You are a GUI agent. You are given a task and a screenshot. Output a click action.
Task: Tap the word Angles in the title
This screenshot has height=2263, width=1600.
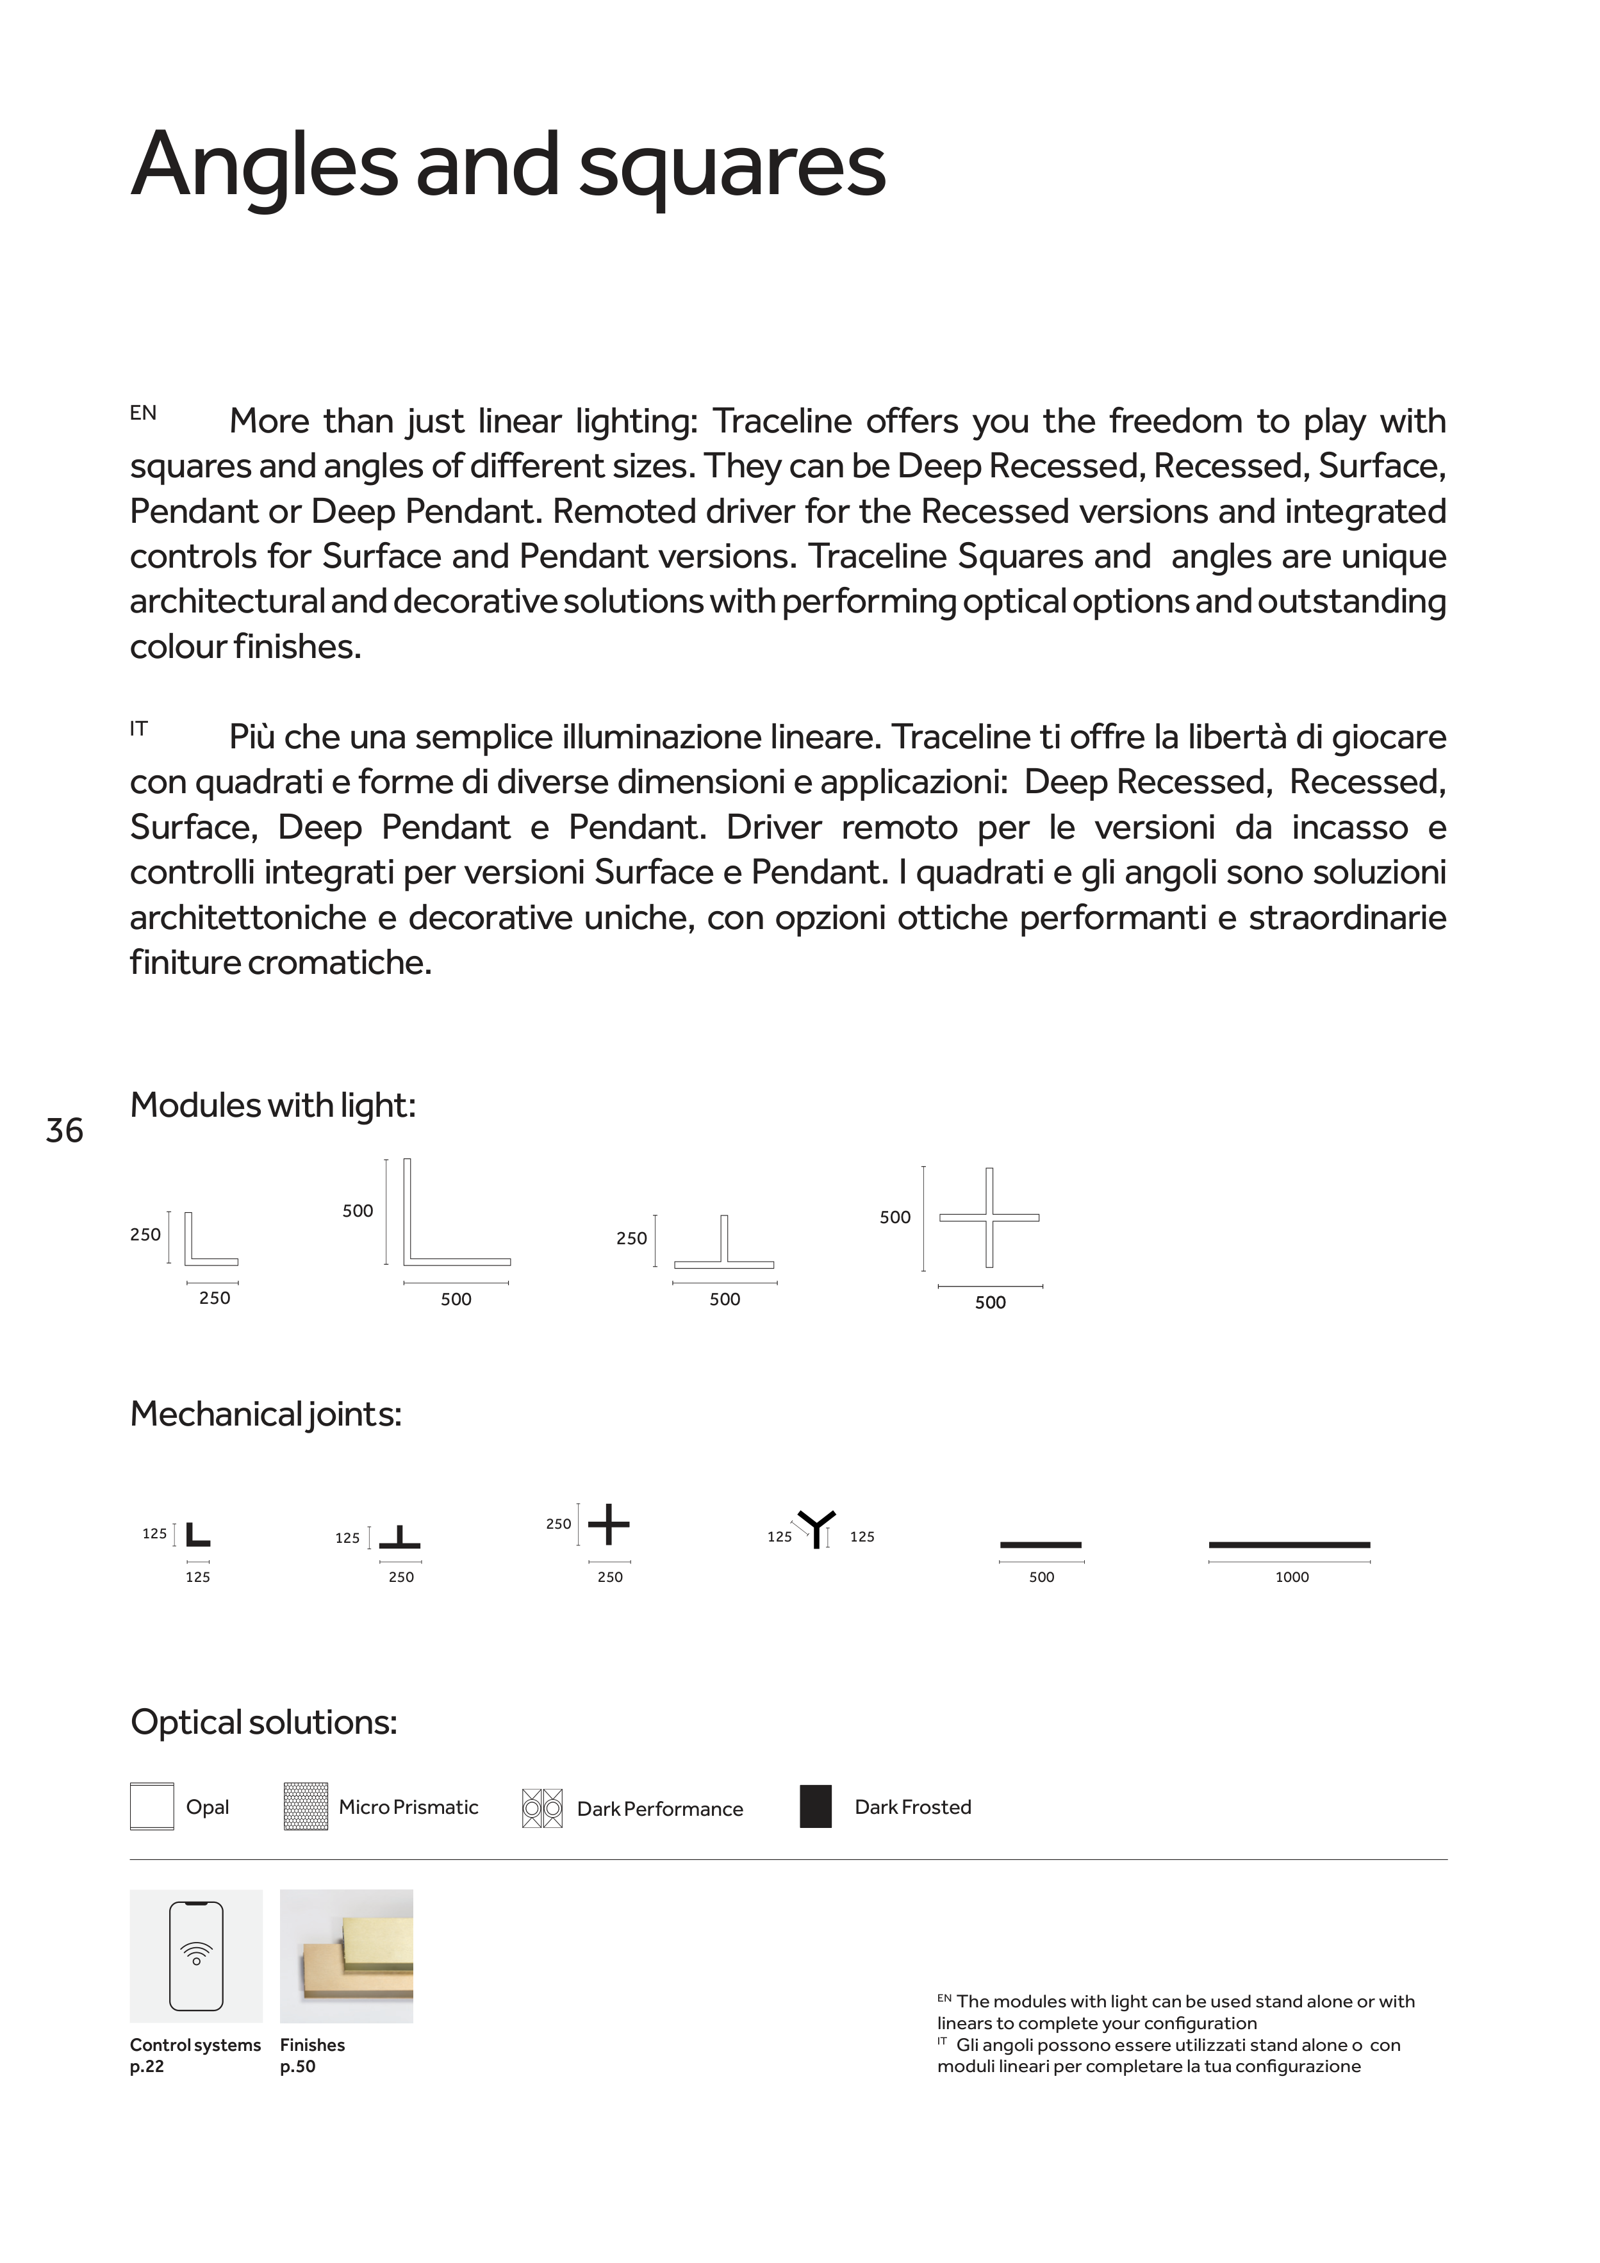[x=263, y=165]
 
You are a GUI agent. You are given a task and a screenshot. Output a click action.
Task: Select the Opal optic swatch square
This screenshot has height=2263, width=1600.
[x=152, y=1807]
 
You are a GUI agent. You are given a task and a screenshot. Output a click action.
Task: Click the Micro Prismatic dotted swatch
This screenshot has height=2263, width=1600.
[x=306, y=1807]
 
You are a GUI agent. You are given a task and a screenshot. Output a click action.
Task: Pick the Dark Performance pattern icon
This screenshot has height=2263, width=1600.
[x=542, y=1809]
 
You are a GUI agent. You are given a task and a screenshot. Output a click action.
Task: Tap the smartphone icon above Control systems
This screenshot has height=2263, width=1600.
[x=196, y=1957]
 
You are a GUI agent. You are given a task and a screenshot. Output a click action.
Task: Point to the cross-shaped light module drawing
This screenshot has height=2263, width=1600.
[x=989, y=1217]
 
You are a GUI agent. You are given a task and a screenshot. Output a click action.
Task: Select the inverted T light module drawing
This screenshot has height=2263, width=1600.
[x=725, y=1244]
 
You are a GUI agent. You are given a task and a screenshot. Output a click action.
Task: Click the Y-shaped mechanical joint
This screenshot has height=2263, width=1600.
[x=816, y=1529]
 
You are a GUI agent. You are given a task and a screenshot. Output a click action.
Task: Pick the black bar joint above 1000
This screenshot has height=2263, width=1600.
[x=1289, y=1545]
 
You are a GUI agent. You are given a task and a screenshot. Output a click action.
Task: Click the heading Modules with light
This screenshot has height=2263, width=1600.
[x=273, y=1106]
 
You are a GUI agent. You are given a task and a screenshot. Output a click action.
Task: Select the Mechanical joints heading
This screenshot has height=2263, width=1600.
[x=266, y=1415]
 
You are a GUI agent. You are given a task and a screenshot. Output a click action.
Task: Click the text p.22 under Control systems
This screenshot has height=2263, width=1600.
[x=147, y=2067]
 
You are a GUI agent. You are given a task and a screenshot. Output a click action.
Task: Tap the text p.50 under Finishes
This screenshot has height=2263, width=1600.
[x=298, y=2067]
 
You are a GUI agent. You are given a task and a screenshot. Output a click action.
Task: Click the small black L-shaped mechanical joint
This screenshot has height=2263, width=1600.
[x=197, y=1535]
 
